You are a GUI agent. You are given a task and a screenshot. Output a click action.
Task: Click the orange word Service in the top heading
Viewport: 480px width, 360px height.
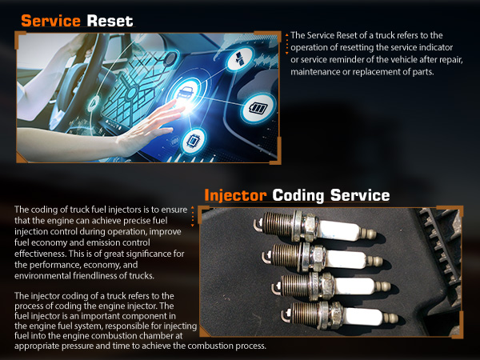tap(51, 21)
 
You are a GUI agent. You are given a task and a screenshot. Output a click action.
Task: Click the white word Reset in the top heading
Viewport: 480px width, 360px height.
tap(110, 21)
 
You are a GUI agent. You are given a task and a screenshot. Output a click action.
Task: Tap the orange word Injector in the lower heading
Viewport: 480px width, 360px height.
tap(235, 196)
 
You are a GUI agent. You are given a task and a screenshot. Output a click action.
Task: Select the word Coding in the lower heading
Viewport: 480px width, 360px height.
tap(298, 196)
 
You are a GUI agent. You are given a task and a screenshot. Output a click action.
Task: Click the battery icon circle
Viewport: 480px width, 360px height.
tap(258, 108)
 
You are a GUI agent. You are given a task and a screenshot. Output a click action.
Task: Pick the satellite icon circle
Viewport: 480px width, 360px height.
tap(240, 58)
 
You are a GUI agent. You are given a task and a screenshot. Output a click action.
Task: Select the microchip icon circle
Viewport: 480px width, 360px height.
tap(194, 141)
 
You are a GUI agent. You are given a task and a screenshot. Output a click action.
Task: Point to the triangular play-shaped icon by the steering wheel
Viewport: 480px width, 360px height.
tap(94, 103)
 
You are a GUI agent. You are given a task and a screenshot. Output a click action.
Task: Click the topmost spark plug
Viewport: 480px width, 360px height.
tap(314, 227)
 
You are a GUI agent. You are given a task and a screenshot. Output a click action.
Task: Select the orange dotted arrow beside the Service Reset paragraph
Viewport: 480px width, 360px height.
tap(287, 44)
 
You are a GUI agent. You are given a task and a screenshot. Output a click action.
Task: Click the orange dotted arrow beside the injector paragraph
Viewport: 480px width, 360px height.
tap(193, 217)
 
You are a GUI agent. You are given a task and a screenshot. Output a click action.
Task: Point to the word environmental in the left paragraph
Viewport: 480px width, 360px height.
tap(42, 276)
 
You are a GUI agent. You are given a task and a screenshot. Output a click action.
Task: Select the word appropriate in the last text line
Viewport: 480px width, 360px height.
tap(38, 346)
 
